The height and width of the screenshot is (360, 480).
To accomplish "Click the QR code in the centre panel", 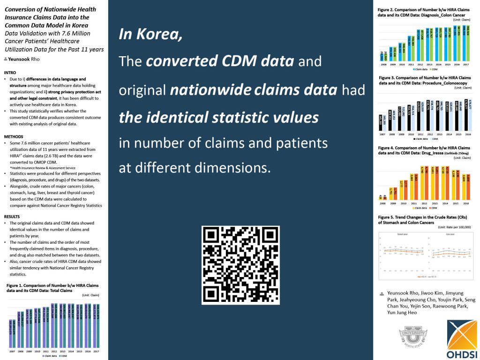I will (240, 265).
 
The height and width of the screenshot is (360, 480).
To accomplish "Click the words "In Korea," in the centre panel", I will (150, 34).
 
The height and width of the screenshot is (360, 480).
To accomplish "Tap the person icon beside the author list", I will (382, 293).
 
